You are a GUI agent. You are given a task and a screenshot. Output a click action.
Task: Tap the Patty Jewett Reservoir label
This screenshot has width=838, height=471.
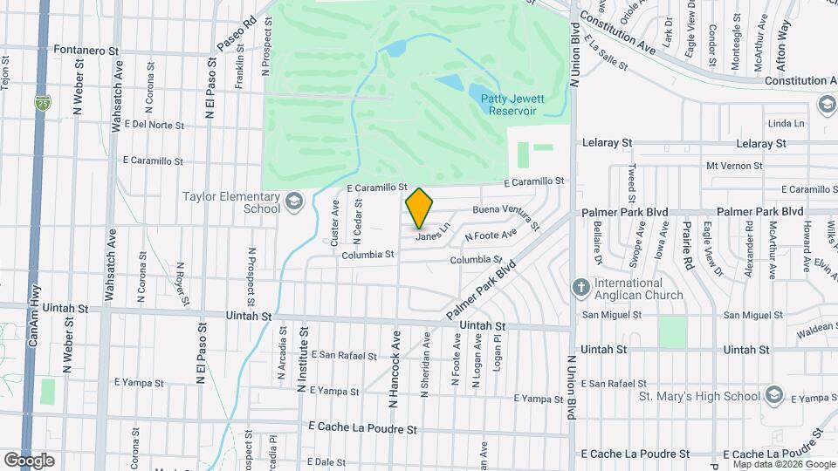click(x=512, y=105)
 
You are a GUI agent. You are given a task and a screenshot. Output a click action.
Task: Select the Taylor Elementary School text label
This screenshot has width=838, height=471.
click(x=231, y=202)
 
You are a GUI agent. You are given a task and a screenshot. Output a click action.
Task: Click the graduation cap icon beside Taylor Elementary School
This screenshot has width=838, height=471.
click(x=294, y=202)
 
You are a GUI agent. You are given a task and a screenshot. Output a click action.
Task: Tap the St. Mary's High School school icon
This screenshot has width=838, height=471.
click(x=772, y=395)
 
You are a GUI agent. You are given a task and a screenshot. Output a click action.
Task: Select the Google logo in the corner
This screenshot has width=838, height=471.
click(x=29, y=460)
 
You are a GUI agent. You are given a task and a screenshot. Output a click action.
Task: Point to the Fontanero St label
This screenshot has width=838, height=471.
click(x=86, y=51)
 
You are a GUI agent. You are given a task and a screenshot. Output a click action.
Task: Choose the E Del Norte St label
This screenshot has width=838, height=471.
click(x=154, y=125)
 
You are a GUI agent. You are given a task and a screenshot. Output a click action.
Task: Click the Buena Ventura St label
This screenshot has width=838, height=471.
click(x=502, y=210)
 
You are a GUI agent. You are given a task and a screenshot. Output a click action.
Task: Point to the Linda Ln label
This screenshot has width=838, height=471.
click(x=786, y=123)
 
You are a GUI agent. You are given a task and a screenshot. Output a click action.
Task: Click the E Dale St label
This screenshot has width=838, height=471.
click(x=327, y=461)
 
